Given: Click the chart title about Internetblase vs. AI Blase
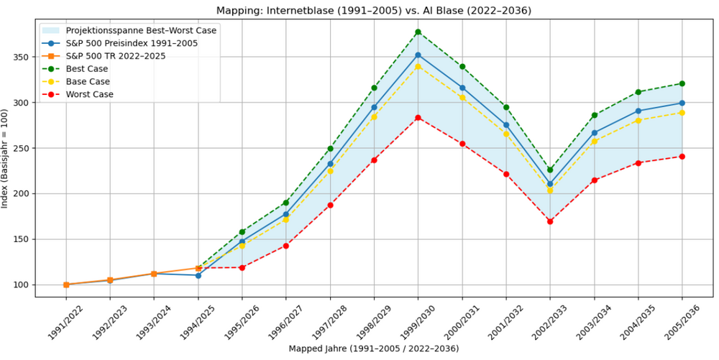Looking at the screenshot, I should pyautogui.click(x=374, y=10).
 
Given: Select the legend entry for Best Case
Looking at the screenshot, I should pyautogui.click(x=87, y=69).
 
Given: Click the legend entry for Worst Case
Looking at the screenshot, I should pyautogui.click(x=90, y=94).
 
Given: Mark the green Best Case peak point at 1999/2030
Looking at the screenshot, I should pyautogui.click(x=418, y=32).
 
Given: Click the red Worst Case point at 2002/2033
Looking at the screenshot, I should pyautogui.click(x=550, y=221).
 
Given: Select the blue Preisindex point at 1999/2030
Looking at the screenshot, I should pyautogui.click(x=418, y=55).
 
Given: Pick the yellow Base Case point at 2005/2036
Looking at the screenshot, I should pyautogui.click(x=682, y=113).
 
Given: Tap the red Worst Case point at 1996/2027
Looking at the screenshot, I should pyautogui.click(x=286, y=246).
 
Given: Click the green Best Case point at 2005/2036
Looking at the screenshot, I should pyautogui.click(x=682, y=83).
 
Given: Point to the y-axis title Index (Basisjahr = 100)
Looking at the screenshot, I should pyautogui.click(x=6, y=160).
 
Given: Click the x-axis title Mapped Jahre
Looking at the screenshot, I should pyautogui.click(x=374, y=349).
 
